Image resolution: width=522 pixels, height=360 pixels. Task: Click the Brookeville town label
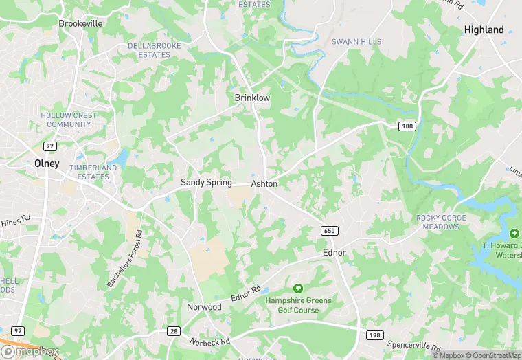click(x=80, y=23)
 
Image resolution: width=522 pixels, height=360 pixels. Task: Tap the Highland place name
click(x=484, y=30)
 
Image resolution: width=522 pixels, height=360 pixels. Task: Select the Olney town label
click(x=47, y=164)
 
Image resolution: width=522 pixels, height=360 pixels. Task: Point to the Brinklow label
click(x=252, y=98)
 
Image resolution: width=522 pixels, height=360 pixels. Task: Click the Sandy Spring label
click(x=206, y=183)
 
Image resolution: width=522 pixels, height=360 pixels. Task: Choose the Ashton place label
click(x=264, y=184)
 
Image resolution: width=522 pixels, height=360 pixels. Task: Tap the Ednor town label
click(x=334, y=253)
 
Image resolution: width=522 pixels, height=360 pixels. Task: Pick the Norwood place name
click(x=204, y=306)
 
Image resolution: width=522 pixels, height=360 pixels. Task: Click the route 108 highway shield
click(x=407, y=126)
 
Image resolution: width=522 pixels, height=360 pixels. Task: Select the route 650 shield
click(x=329, y=230)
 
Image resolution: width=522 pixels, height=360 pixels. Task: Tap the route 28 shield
click(x=174, y=332)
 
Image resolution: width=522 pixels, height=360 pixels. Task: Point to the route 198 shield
click(x=373, y=334)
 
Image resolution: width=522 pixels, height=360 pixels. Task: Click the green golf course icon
click(x=298, y=289)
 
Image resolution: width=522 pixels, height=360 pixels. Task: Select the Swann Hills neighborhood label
click(x=356, y=42)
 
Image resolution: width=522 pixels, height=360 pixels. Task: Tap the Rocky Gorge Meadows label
click(x=441, y=223)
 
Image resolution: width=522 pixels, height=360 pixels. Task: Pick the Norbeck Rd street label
click(x=210, y=339)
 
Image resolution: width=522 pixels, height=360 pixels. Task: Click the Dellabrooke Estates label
click(x=149, y=50)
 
